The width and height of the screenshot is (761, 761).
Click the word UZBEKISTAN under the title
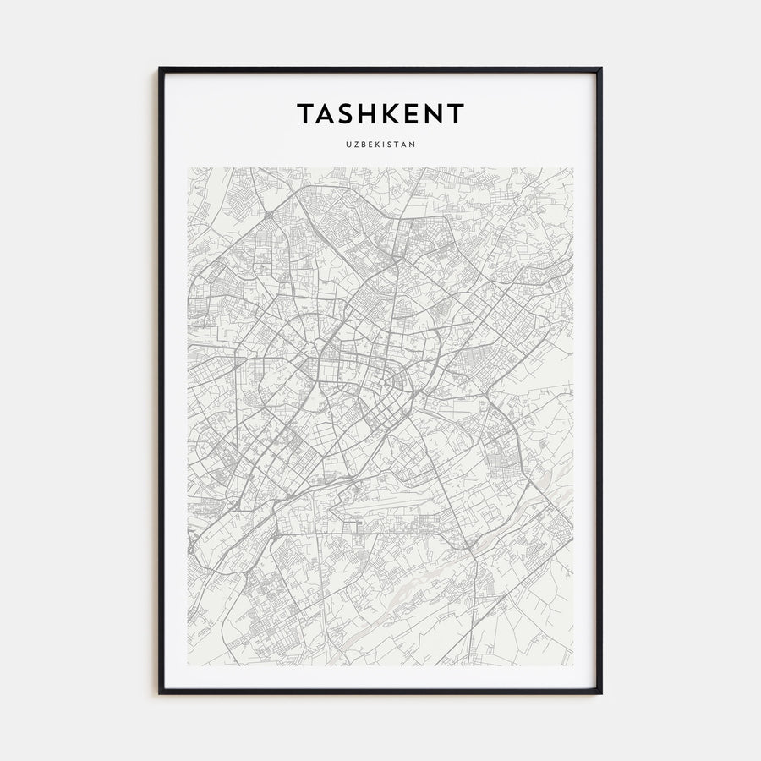(x=380, y=144)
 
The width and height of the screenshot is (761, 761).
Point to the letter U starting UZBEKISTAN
(x=348, y=144)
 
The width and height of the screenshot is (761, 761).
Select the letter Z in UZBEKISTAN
(x=355, y=144)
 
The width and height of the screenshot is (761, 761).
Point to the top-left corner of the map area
(x=189, y=167)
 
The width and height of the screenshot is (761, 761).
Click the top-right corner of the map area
(x=572, y=167)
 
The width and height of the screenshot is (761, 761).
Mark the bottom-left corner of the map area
(x=189, y=665)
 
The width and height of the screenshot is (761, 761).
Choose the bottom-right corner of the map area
(x=572, y=665)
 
